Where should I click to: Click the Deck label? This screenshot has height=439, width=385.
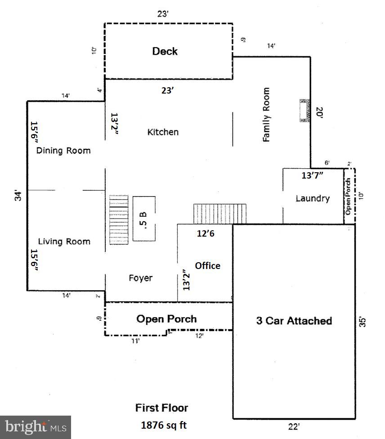coord(165,51)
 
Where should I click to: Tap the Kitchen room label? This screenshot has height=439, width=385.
coord(163,132)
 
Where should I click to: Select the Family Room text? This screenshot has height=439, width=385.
coord(267,115)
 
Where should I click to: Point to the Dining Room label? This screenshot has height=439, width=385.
coord(63,151)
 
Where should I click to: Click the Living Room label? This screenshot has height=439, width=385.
coord(64,242)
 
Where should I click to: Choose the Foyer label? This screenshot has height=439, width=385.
coord(140,278)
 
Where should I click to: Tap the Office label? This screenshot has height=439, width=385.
coord(207,265)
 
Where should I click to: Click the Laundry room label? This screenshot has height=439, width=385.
coord(313,198)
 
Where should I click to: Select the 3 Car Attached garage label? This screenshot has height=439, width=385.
coord(294,321)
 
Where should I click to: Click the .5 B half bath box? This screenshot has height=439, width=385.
coord(144,218)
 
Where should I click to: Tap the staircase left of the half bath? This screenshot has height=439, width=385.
coord(119,219)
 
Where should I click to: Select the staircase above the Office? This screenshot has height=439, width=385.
coord(220,214)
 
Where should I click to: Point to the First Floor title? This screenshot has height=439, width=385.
coord(161,408)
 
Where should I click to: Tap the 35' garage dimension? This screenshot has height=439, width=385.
coord(364,322)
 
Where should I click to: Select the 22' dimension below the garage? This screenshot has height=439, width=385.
coord(294,426)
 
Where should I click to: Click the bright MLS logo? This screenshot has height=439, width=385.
coord(36,427)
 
